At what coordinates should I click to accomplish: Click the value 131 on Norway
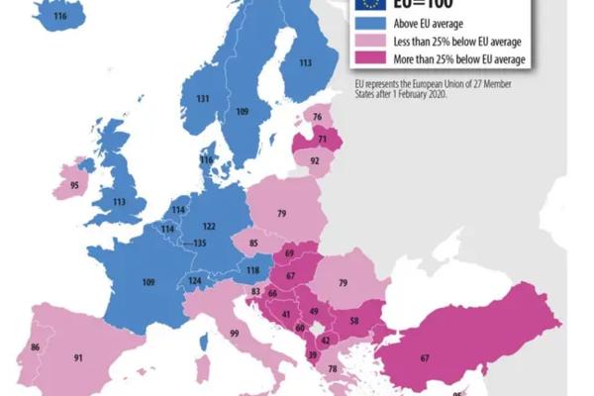[x=202, y=99]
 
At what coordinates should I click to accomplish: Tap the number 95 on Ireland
[x=73, y=184]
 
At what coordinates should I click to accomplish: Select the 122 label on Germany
[x=209, y=226]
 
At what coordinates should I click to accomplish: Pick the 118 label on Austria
[x=252, y=270]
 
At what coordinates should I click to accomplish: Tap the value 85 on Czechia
[x=254, y=243]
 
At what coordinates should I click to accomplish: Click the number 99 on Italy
[x=234, y=335]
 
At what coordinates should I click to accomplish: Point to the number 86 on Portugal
[x=36, y=347]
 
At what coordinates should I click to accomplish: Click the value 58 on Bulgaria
[x=354, y=322]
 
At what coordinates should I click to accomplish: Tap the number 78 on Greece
[x=333, y=368]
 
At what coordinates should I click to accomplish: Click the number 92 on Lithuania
[x=315, y=160]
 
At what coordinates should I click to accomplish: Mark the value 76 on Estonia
[x=317, y=118]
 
